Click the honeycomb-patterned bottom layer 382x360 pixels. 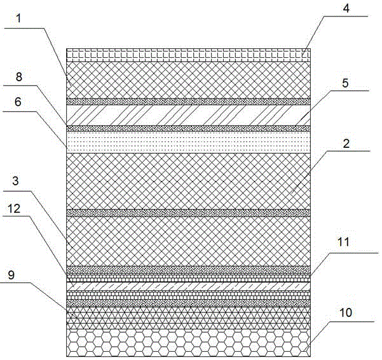coord(188,342)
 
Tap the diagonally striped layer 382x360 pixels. coord(188,115)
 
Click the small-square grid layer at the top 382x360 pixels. coord(188,55)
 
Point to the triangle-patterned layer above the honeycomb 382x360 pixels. coord(188,318)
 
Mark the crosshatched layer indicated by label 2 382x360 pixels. coord(188,181)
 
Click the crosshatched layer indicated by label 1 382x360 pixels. coord(188,79)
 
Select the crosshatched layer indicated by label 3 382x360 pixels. coord(188,240)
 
